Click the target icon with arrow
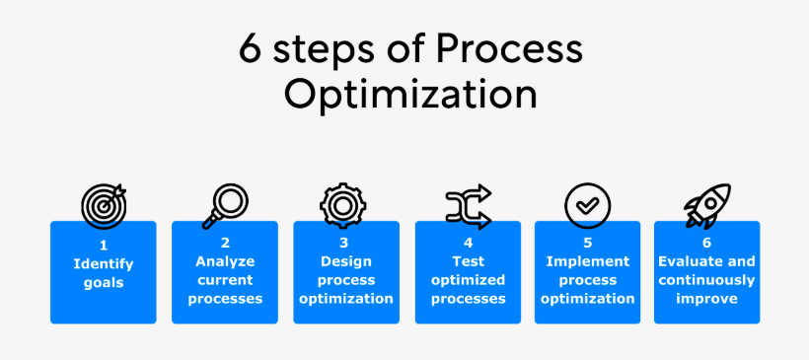point(104,206)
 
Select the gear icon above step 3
point(342,206)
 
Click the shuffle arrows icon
point(469,206)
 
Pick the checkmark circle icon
point(587,206)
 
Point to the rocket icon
point(707,206)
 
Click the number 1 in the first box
point(104,246)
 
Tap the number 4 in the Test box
point(468,243)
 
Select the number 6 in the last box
point(706,243)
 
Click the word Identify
point(104,265)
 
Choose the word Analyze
point(225,261)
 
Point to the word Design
point(345,261)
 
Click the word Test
point(468,261)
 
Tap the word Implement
point(588,262)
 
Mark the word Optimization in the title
point(410,95)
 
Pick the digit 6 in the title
point(251,50)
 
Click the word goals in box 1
point(104,283)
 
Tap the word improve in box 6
point(706,299)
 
